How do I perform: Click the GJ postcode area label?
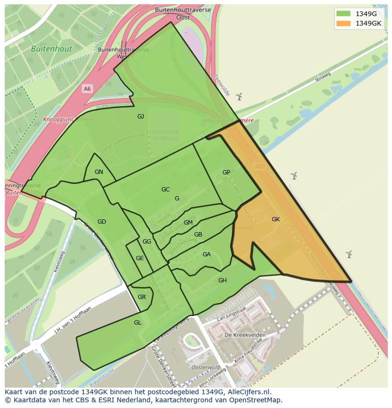coord(141,117)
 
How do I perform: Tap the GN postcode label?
coord(98,172)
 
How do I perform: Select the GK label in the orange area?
coord(276,219)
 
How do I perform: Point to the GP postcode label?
coord(226,172)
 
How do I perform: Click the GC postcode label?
coord(165,190)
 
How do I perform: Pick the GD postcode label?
coord(102,222)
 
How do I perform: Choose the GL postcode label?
coord(137,323)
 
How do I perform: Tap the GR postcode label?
coord(142,297)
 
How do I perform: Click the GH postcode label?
coord(222,281)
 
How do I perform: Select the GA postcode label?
coord(206,254)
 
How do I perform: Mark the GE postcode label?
coord(140,258)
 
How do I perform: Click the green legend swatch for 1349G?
coord(343,14)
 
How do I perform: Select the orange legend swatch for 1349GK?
coord(343,23)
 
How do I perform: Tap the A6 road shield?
coord(87,89)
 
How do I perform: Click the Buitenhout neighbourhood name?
coord(52,49)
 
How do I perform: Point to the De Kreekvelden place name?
coord(245,335)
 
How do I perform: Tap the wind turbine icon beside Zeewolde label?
coord(240,97)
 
